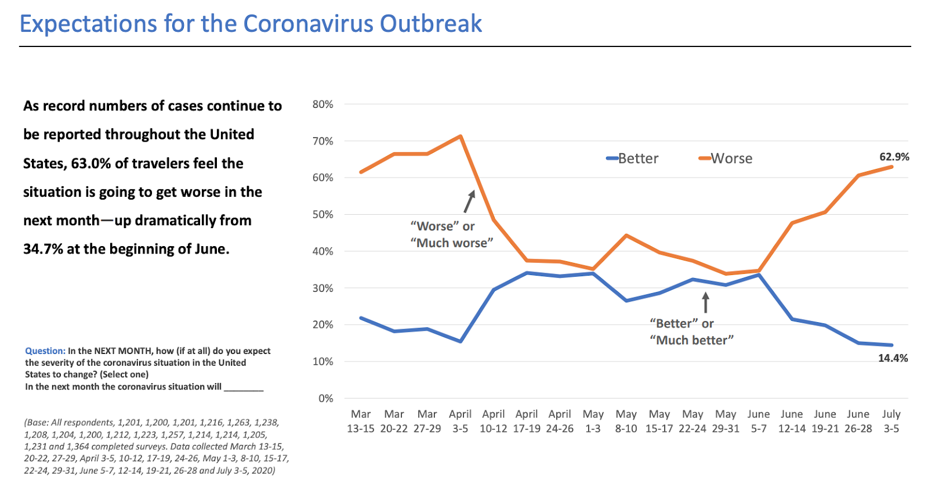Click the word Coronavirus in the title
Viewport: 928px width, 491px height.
[308, 24]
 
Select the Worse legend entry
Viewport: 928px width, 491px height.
[726, 158]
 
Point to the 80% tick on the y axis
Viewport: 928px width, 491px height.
[322, 104]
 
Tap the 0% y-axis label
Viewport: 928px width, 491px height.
[325, 399]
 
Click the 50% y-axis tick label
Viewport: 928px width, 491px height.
[322, 215]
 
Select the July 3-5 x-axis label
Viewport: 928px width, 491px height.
[891, 421]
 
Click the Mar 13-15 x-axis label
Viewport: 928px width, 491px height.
[361, 421]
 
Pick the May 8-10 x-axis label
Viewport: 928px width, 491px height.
[626, 421]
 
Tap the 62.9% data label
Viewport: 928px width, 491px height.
[894, 157]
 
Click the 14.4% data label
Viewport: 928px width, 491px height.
[893, 358]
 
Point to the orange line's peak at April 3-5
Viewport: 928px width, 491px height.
[461, 136]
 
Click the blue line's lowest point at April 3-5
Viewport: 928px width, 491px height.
[461, 341]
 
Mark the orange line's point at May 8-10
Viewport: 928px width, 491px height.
[626, 235]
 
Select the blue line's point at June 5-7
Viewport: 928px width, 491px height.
[759, 275]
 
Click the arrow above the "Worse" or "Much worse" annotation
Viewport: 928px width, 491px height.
[469, 201]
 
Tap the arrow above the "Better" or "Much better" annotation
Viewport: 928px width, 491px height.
[705, 302]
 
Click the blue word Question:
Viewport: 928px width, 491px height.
[45, 351]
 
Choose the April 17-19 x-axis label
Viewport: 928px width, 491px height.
[527, 421]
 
